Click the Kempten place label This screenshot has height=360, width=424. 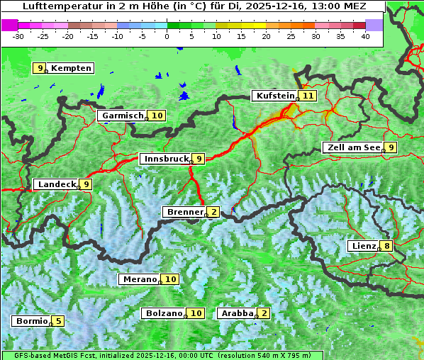pos(71,68)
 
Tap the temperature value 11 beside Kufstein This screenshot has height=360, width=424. pos(307,96)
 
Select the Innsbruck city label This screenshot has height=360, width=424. pos(164,159)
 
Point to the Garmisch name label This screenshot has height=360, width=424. pos(122,116)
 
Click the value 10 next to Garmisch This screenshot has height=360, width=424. pos(157,116)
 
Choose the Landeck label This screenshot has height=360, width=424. pos(56,184)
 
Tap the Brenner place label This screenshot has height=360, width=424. pos(184,212)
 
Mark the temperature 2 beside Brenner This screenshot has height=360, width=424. pos(213,212)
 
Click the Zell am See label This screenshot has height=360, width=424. pos(352,147)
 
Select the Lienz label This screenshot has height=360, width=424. pos(362,246)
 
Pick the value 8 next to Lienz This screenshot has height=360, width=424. pos(386,246)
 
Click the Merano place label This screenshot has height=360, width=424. pos(138,279)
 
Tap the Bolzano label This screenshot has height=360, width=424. pos(164,313)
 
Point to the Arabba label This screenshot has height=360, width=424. pos(237,313)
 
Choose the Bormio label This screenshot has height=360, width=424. pos(31,321)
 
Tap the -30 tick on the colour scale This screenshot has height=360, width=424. pos(18,35)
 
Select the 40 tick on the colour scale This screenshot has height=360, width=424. pos(365,35)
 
